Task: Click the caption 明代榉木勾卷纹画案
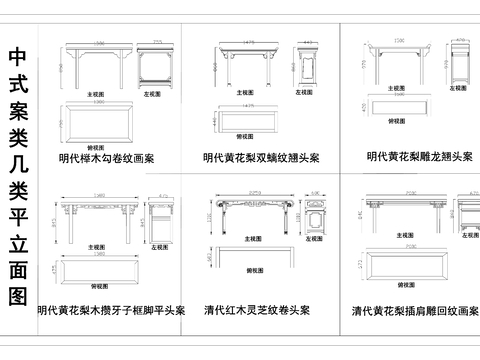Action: click(x=106, y=158)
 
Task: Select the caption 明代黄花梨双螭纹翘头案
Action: click(x=261, y=158)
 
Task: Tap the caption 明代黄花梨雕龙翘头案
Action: click(x=420, y=157)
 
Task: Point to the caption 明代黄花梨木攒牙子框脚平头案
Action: click(x=110, y=311)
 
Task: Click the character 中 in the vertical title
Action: click(x=18, y=57)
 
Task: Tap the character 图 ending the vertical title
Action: click(x=18, y=296)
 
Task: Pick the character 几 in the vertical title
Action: click(x=18, y=153)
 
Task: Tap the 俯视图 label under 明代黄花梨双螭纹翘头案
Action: click(x=243, y=137)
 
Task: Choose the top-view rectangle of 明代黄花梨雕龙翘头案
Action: click(x=399, y=107)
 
